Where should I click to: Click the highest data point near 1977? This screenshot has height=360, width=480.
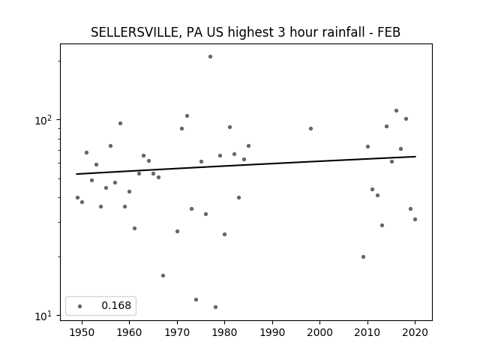coord(210,57)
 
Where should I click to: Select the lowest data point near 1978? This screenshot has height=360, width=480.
coord(215,307)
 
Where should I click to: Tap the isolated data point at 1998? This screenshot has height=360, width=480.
coord(310,128)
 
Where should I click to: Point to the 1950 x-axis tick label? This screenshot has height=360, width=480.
coord(82,332)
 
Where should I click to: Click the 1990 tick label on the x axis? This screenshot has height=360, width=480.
coord(272,332)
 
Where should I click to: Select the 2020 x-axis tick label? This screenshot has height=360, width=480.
coord(415,332)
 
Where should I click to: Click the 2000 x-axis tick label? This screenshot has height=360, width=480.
coord(320,332)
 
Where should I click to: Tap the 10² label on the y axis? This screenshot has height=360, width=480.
coord(43,120)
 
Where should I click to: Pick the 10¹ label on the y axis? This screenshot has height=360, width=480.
coord(43,316)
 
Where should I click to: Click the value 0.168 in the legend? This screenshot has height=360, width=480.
coord(116,305)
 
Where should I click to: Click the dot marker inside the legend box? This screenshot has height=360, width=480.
coord(80,306)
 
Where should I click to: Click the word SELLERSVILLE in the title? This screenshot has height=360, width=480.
coord(133,32)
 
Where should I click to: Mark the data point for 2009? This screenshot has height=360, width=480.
coord(363,256)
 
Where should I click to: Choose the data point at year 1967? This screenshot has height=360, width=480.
coord(163,275)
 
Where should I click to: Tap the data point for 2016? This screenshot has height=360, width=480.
coord(396,110)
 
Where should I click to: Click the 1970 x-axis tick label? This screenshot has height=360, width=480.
coord(177,332)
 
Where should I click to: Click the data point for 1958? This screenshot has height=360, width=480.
coord(120,123)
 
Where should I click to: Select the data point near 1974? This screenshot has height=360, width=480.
coord(196,299)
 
